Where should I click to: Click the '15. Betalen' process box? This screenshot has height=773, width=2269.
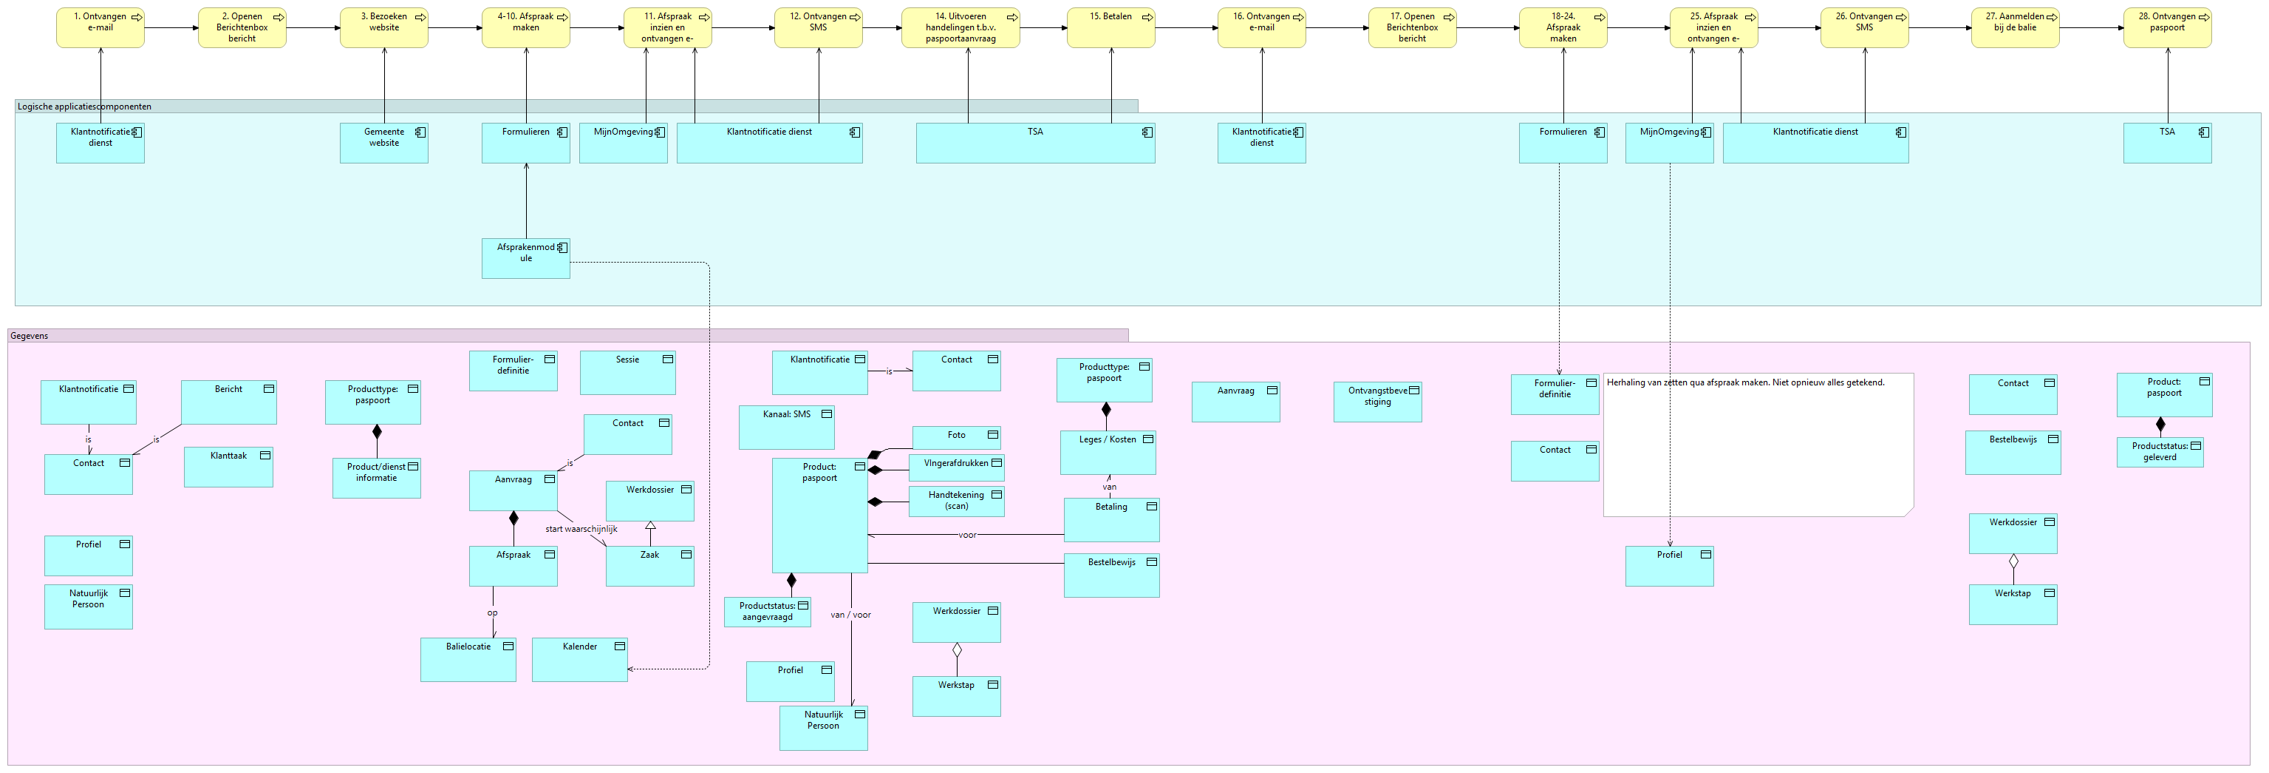[x=1110, y=27]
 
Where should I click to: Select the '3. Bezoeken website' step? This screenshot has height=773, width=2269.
[x=384, y=27]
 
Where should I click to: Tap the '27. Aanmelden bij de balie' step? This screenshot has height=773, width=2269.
[x=2016, y=27]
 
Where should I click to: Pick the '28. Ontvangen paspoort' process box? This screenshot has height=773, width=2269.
[x=2167, y=27]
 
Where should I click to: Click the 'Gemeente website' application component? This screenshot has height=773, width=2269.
[x=384, y=143]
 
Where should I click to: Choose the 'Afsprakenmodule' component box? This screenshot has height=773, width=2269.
[x=526, y=258]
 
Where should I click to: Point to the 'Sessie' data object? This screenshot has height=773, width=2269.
[x=628, y=372]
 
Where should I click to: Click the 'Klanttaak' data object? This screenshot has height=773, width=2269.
[x=228, y=467]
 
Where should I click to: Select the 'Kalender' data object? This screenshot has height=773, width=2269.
[x=579, y=659]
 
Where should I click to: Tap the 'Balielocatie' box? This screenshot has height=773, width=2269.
[x=468, y=659]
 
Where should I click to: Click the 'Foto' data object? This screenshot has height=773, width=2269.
[x=957, y=437]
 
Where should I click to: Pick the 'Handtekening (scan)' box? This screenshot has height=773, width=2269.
[x=957, y=501]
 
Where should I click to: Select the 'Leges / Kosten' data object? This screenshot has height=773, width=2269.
[x=1108, y=453]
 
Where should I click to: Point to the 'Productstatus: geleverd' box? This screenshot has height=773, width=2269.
[x=2160, y=452]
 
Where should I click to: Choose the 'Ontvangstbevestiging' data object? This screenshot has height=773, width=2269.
[x=1378, y=402]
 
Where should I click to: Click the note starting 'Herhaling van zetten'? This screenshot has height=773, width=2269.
[x=1758, y=445]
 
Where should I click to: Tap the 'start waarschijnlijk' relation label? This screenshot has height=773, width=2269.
[x=581, y=529]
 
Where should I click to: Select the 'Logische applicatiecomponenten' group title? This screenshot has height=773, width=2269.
[x=84, y=107]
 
